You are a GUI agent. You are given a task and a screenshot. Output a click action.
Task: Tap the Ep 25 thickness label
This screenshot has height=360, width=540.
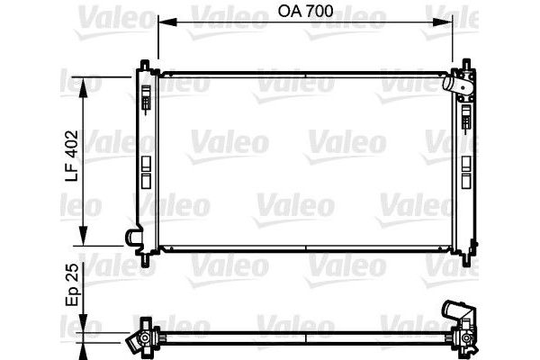tap(74, 283)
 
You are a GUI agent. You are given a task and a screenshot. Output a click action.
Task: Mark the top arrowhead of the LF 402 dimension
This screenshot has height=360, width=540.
tap(85, 79)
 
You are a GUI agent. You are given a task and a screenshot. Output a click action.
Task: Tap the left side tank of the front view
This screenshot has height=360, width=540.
tap(147, 157)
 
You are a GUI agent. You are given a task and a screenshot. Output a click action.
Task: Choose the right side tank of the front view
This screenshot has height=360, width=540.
tap(466, 157)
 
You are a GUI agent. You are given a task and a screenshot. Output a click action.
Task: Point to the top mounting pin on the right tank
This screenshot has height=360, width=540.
tap(467, 63)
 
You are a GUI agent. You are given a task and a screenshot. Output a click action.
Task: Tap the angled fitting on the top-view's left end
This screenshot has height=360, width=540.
tap(138, 340)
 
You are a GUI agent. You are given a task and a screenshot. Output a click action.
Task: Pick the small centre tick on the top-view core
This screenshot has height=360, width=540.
tap(307, 340)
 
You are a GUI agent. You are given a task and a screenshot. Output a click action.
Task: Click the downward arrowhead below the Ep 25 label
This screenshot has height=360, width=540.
tap(85, 328)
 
